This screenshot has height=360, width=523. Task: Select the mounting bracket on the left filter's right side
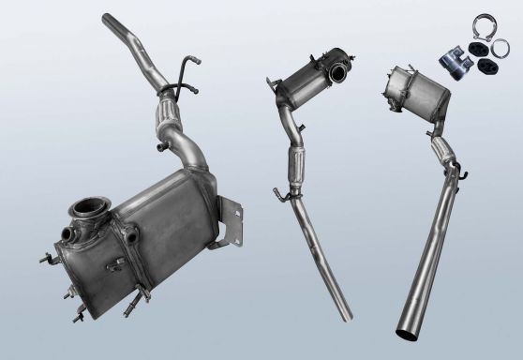pos(235,226)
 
